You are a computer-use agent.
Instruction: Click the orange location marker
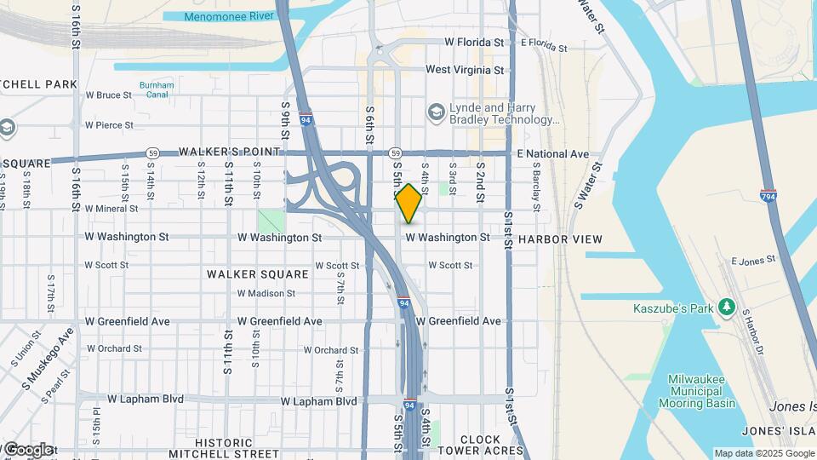tap(408, 204)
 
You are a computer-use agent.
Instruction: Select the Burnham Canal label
tap(157, 90)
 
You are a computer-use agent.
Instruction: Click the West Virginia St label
tap(465, 70)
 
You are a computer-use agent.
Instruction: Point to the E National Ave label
tap(552, 154)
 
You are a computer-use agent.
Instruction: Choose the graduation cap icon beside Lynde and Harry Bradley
tap(437, 112)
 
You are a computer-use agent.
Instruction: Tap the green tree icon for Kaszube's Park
tap(726, 306)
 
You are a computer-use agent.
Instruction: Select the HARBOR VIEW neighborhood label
tap(560, 239)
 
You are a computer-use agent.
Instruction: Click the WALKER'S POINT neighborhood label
tap(229, 152)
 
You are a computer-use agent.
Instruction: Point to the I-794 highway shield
tap(768, 196)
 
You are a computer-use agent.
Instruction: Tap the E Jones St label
tap(753, 259)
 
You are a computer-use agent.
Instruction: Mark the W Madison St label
tap(266, 293)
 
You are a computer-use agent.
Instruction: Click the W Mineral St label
tap(111, 209)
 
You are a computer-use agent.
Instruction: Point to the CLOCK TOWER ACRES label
tap(480, 446)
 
